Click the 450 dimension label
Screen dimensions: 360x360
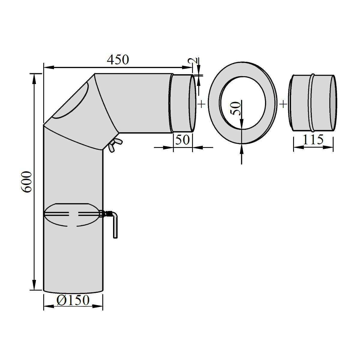118,60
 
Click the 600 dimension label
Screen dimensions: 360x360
26,182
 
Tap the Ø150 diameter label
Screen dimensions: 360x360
73,300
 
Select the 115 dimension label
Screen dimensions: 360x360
313,139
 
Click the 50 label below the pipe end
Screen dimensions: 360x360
182,140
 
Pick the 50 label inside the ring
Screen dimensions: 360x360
235,109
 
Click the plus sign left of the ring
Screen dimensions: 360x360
201,104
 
